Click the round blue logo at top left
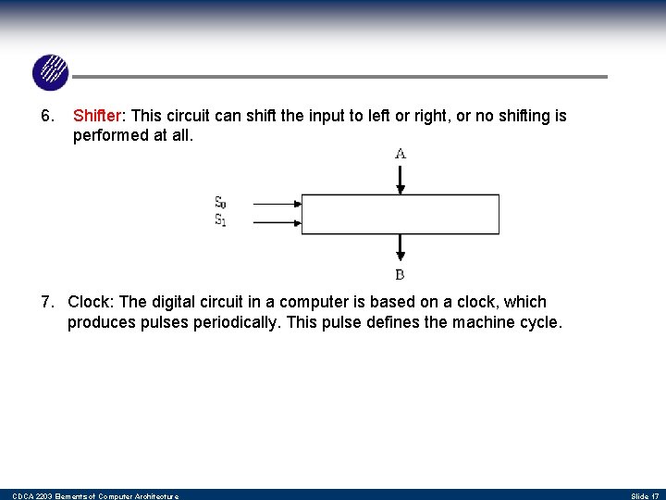coord(50,72)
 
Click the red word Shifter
coord(97,117)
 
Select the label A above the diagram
coord(400,154)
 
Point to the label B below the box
coord(400,274)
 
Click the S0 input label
coord(220,203)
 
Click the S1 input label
coord(220,220)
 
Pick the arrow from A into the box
coord(400,178)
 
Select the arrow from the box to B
coord(400,247)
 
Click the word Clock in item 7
coord(89,302)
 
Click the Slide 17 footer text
coord(644,496)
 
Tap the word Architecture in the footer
coord(149,496)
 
